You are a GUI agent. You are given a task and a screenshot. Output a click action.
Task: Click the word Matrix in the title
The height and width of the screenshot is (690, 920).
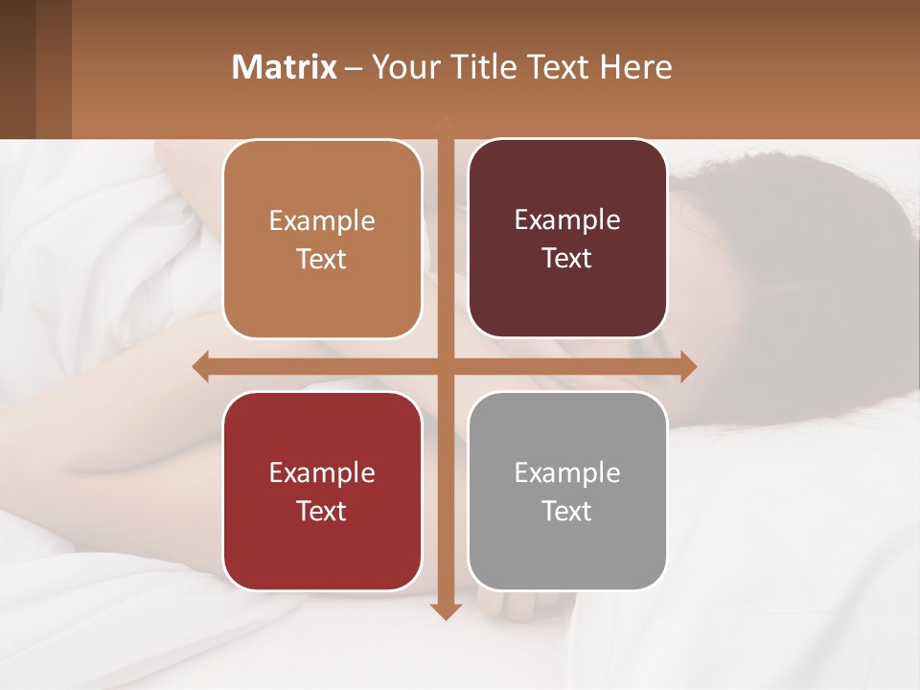285,67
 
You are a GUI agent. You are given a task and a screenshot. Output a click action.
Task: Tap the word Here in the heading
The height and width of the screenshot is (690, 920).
636,67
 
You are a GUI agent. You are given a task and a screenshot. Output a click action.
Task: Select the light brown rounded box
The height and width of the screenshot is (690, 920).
322,240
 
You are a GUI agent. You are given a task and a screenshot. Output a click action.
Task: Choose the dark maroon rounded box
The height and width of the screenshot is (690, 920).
567,239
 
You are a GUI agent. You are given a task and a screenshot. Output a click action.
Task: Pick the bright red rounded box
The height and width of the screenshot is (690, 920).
322,491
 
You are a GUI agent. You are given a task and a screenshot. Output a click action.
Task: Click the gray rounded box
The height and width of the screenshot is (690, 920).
567,491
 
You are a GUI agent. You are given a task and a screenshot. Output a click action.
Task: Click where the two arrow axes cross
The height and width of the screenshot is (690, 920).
445,366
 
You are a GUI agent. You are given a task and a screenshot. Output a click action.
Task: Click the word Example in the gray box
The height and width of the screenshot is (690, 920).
567,472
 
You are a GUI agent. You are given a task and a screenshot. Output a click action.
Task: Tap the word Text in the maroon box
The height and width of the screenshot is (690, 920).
567,259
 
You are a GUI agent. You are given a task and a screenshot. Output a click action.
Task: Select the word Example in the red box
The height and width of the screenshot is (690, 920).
322,472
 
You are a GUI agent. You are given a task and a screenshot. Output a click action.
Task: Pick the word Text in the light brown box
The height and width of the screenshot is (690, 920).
322,260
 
